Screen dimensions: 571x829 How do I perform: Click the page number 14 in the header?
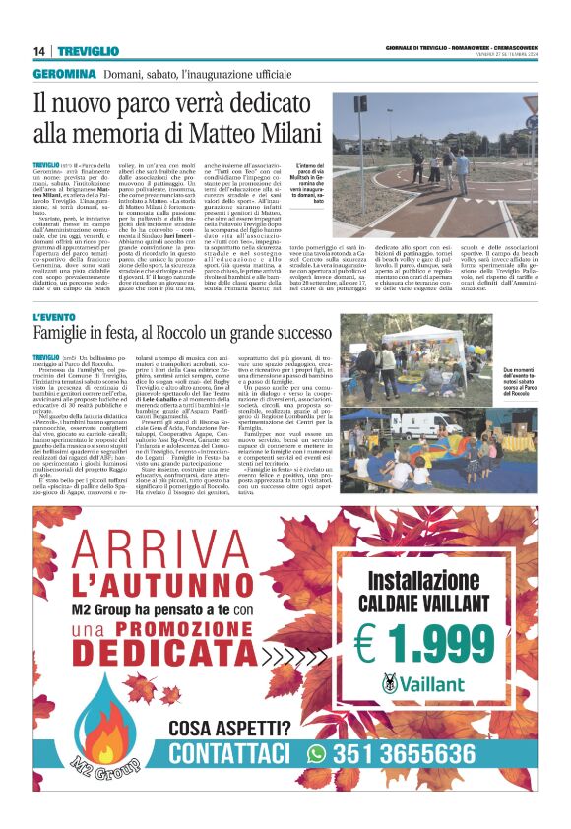(x=39, y=51)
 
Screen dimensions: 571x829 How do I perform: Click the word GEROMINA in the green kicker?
(x=64, y=75)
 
